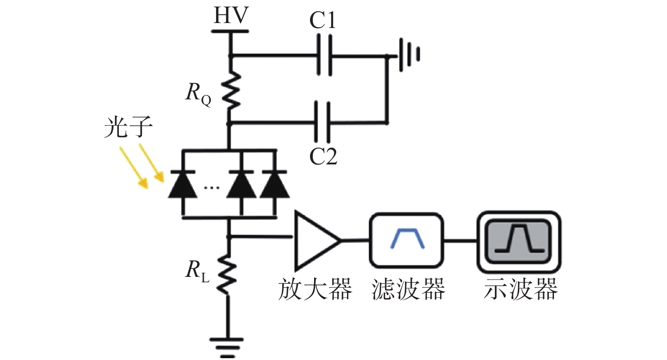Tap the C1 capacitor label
pos(323,20)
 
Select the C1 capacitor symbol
pos(324,55)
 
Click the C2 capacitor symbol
pos(323,122)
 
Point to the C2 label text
pos(324,156)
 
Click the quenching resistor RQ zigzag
pos(231,91)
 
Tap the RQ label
pos(198,94)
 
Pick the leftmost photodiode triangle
pos(183,184)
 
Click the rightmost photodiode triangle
pos(275,184)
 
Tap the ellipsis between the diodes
pos(211,188)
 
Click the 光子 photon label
pos(128,127)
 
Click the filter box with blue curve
pos(406,240)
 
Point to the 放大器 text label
pos(315,289)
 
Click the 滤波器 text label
pos(408,289)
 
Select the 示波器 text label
pos(521,289)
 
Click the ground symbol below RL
pos(227,347)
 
